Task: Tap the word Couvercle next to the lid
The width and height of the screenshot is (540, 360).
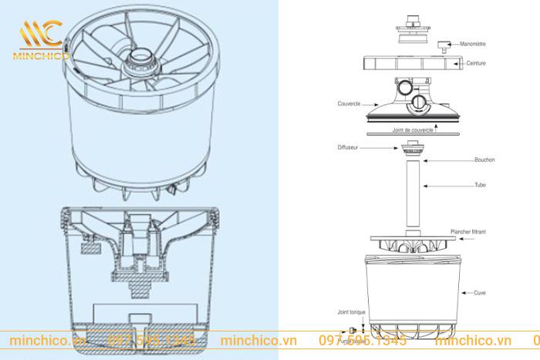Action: click(349, 103)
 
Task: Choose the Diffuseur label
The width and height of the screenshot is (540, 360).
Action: click(349, 145)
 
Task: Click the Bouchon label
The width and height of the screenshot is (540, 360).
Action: click(486, 160)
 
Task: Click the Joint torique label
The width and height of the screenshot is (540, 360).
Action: click(352, 314)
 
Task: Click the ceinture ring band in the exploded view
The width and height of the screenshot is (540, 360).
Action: click(413, 62)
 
